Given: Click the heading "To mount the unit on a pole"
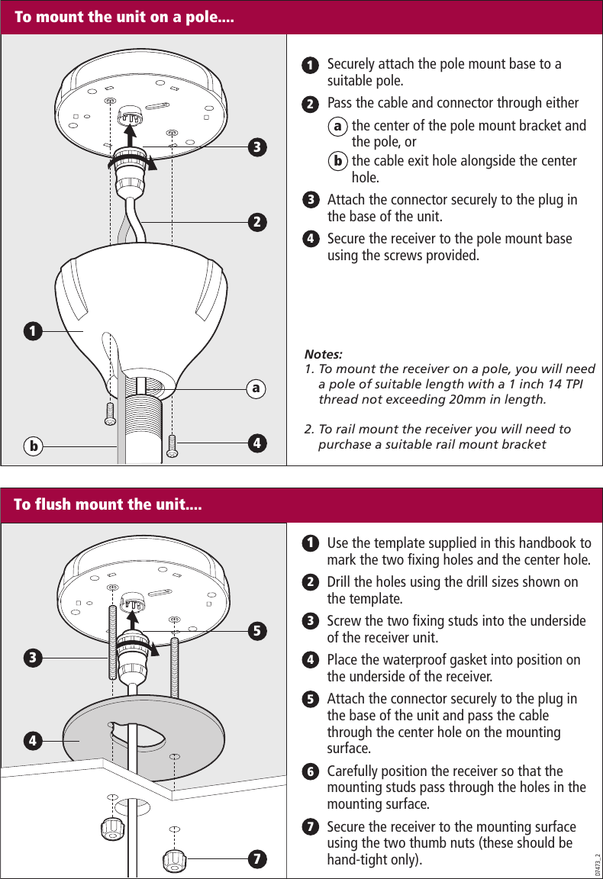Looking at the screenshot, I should click(x=124, y=17).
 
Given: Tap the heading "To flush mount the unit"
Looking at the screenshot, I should click(x=108, y=504).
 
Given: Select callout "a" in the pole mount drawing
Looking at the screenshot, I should click(x=257, y=388).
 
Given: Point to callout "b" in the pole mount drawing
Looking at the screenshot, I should click(x=32, y=445).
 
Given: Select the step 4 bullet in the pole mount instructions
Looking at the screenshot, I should click(x=311, y=239).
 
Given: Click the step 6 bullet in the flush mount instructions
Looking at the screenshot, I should click(x=311, y=771).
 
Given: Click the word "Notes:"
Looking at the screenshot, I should click(x=324, y=355).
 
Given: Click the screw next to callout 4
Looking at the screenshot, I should click(x=173, y=445).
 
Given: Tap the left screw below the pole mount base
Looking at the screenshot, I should click(x=110, y=413).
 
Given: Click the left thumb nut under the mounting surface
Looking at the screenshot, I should click(x=113, y=827).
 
